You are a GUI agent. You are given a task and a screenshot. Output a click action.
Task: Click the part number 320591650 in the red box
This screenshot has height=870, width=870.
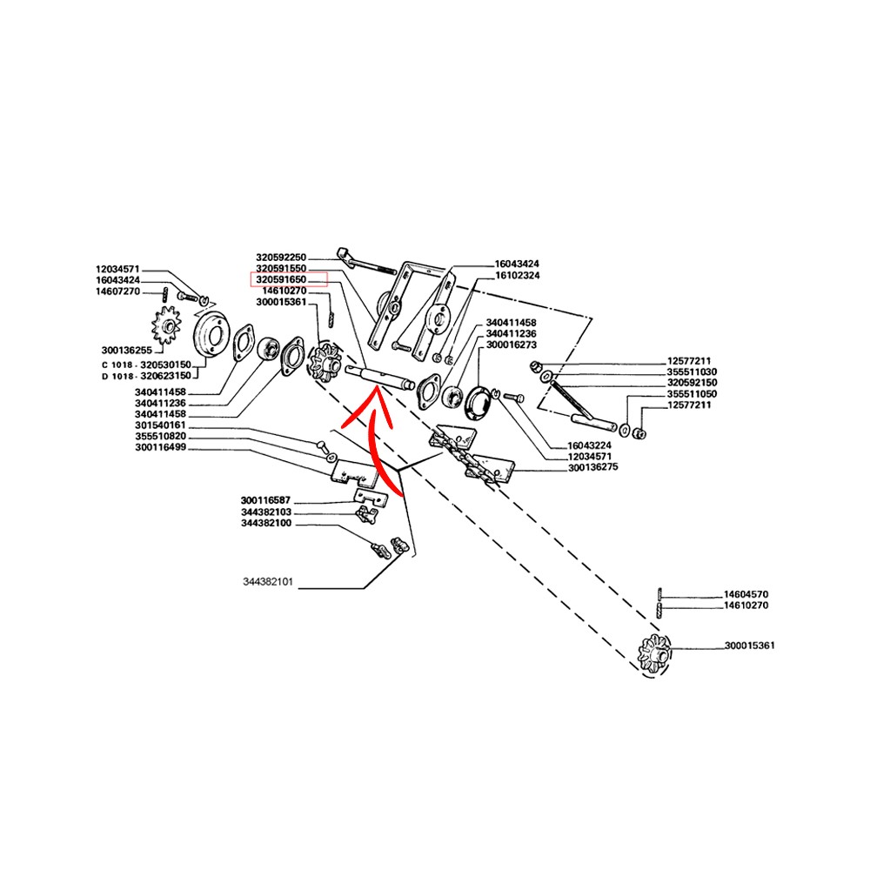coord(281,279)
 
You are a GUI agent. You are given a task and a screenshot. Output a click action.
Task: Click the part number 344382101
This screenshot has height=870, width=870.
coord(267,582)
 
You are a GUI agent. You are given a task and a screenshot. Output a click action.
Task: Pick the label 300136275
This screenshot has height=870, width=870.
coord(593,467)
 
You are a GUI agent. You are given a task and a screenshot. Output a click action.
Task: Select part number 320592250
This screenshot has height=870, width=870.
coord(281,258)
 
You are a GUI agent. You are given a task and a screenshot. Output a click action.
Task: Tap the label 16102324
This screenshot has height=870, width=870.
coord(517,275)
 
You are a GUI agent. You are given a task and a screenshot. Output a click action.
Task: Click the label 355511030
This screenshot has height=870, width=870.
coord(692,371)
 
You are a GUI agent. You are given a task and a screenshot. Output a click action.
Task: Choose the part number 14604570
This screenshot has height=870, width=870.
coord(746,594)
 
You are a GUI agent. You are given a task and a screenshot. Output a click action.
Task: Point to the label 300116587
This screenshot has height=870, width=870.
coord(265,500)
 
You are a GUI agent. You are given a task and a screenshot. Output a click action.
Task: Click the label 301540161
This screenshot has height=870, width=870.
coord(160,425)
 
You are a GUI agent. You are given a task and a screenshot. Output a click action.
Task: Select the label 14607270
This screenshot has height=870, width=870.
coord(117,291)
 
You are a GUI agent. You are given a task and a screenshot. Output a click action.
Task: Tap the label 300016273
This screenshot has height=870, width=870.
coord(511,345)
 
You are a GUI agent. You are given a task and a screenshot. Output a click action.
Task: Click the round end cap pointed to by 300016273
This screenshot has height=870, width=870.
coord(478,402)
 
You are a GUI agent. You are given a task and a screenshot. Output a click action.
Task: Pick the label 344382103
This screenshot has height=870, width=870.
coord(265,512)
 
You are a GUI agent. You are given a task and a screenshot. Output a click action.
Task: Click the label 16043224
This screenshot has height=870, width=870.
coord(589,445)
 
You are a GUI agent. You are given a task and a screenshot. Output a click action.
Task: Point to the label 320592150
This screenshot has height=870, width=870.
coord(692,383)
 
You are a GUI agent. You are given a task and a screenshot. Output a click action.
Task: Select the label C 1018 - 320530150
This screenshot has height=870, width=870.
coord(146,365)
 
